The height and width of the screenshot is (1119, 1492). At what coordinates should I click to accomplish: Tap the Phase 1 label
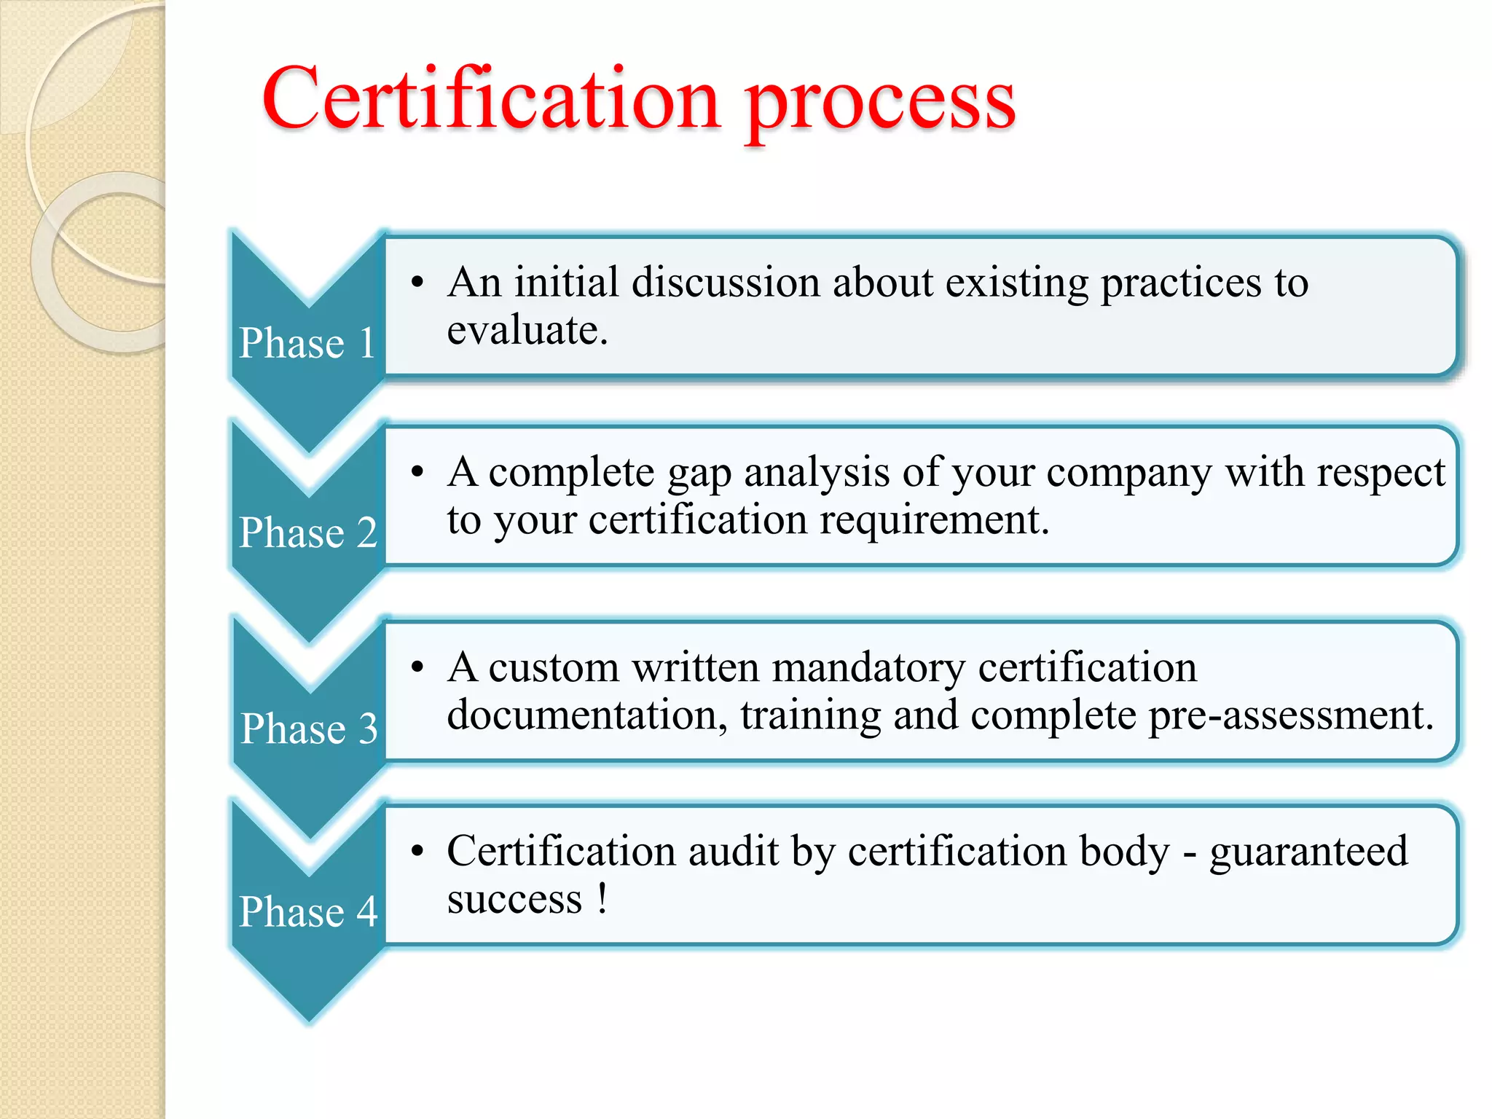(307, 343)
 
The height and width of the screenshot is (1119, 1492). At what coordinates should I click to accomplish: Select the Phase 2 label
(307, 533)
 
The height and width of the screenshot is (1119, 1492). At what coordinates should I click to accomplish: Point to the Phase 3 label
(309, 729)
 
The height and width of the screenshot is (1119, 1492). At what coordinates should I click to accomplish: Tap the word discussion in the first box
(726, 283)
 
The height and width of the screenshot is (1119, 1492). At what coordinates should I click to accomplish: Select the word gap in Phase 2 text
(699, 474)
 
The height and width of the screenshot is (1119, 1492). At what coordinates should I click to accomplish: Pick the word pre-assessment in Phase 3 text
(1291, 715)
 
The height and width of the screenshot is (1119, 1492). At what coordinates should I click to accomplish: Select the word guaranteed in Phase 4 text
(1308, 852)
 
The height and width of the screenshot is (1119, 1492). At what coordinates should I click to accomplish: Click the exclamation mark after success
(602, 898)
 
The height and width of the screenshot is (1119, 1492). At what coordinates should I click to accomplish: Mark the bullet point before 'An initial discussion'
(417, 283)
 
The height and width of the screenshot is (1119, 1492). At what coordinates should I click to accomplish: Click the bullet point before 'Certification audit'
(417, 851)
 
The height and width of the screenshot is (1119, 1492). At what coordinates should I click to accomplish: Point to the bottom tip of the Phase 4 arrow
(310, 1020)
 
